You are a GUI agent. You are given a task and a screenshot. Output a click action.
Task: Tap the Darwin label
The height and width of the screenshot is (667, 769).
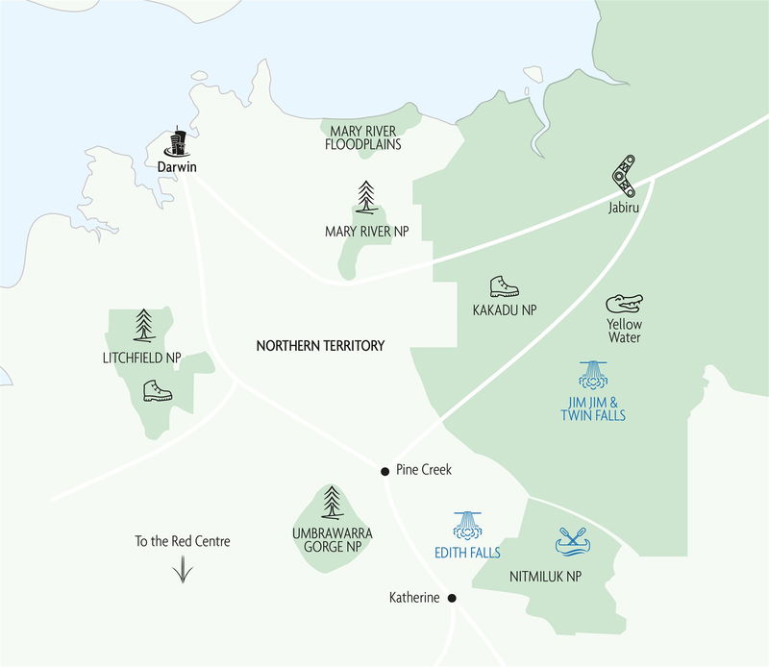[x=177, y=164]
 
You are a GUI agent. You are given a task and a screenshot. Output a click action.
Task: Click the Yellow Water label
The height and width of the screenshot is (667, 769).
[x=624, y=331]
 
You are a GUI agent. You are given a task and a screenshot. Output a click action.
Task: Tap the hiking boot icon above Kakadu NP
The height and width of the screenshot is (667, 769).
[x=504, y=286]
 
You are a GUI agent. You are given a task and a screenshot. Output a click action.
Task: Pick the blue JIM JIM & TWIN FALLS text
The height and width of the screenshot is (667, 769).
[x=592, y=408]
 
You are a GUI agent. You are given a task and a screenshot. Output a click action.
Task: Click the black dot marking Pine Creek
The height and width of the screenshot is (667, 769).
[x=384, y=471]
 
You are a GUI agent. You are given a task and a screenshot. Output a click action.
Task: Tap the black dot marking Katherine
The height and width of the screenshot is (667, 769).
[x=452, y=598]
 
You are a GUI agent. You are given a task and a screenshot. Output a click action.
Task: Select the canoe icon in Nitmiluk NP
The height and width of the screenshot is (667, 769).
[x=576, y=542]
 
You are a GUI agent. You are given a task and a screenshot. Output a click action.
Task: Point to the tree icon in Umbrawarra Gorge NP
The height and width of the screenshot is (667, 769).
[x=332, y=501]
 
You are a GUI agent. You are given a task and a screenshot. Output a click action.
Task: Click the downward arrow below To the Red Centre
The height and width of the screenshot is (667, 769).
[x=182, y=570]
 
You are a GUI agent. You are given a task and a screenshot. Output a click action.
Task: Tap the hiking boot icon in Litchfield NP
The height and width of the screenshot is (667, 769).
[x=157, y=390]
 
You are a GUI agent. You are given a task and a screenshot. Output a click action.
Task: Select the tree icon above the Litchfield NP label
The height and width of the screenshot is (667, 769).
[x=144, y=325]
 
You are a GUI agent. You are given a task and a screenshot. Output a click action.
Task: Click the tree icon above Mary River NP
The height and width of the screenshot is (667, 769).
[x=365, y=197]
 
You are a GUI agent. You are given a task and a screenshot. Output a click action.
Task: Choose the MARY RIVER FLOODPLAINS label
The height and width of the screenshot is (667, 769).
[x=364, y=137]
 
